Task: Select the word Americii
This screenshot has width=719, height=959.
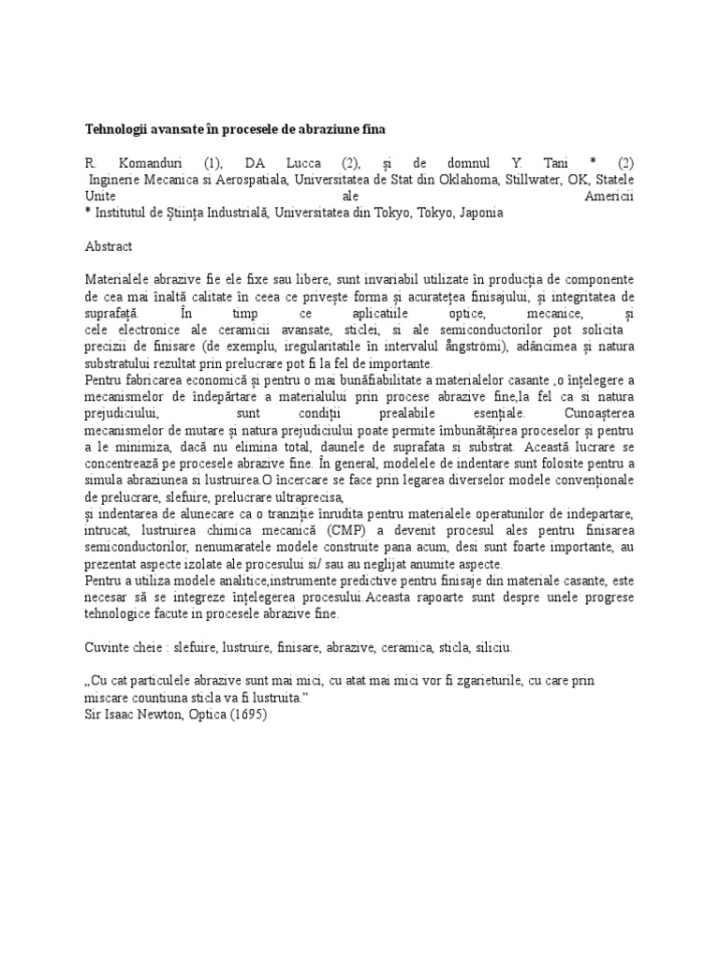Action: [609, 197]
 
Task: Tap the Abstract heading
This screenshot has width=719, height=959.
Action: [109, 246]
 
